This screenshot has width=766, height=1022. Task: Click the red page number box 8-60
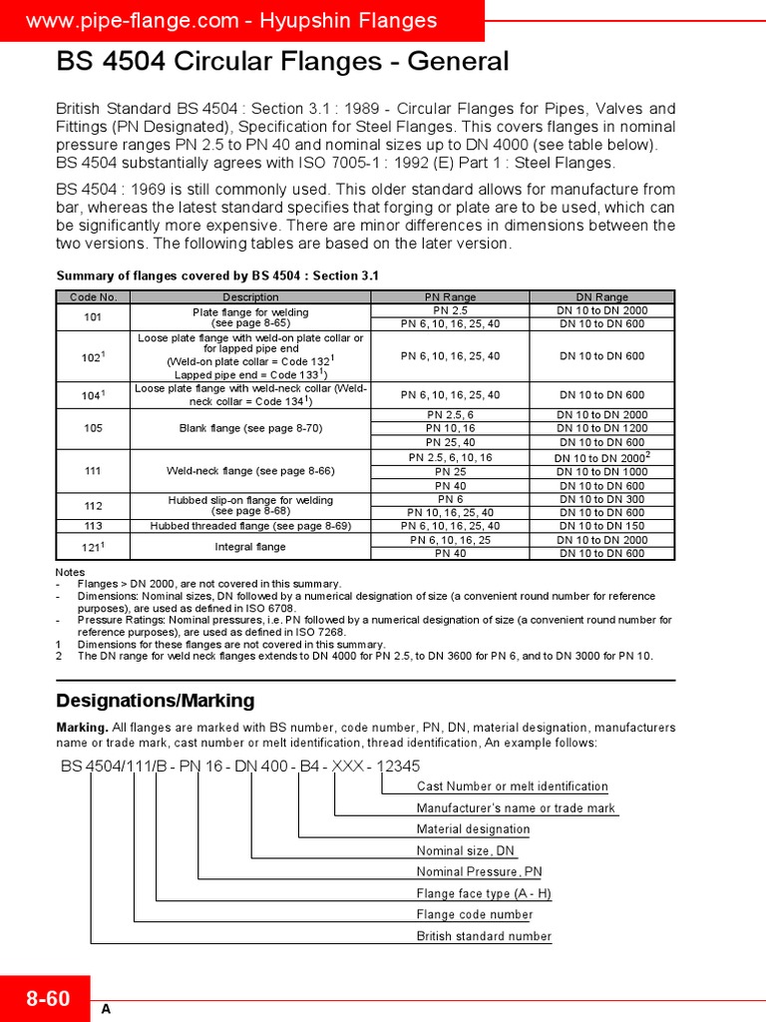pyautogui.click(x=48, y=998)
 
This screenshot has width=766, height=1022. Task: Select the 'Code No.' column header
pyautogui.click(x=93, y=296)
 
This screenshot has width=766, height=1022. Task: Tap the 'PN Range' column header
pyautogui.click(x=450, y=296)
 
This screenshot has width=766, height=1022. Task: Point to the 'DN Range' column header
pyautogui.click(x=601, y=296)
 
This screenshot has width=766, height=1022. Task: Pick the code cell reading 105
pyautogui.click(x=93, y=428)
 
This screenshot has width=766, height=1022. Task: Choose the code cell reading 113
pyautogui.click(x=93, y=526)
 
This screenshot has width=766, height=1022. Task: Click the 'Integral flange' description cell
pyautogui.click(x=250, y=547)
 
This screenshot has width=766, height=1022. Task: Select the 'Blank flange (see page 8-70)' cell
pyautogui.click(x=250, y=428)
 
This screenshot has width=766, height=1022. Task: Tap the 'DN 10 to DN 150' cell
pyautogui.click(x=601, y=526)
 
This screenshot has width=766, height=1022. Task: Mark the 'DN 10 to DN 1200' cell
pyautogui.click(x=601, y=428)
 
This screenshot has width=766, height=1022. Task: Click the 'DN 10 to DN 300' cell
pyautogui.click(x=601, y=499)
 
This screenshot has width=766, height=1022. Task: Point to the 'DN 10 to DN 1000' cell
pyautogui.click(x=601, y=471)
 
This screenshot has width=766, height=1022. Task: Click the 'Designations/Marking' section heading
pyautogui.click(x=156, y=701)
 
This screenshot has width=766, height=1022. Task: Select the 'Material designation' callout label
pyautogui.click(x=473, y=829)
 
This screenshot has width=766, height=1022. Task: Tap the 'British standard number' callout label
pyautogui.click(x=484, y=936)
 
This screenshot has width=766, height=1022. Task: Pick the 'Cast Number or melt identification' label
pyautogui.click(x=512, y=786)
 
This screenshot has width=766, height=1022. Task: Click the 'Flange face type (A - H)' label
pyautogui.click(x=484, y=894)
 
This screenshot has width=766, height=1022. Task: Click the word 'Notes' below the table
pyautogui.click(x=71, y=572)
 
